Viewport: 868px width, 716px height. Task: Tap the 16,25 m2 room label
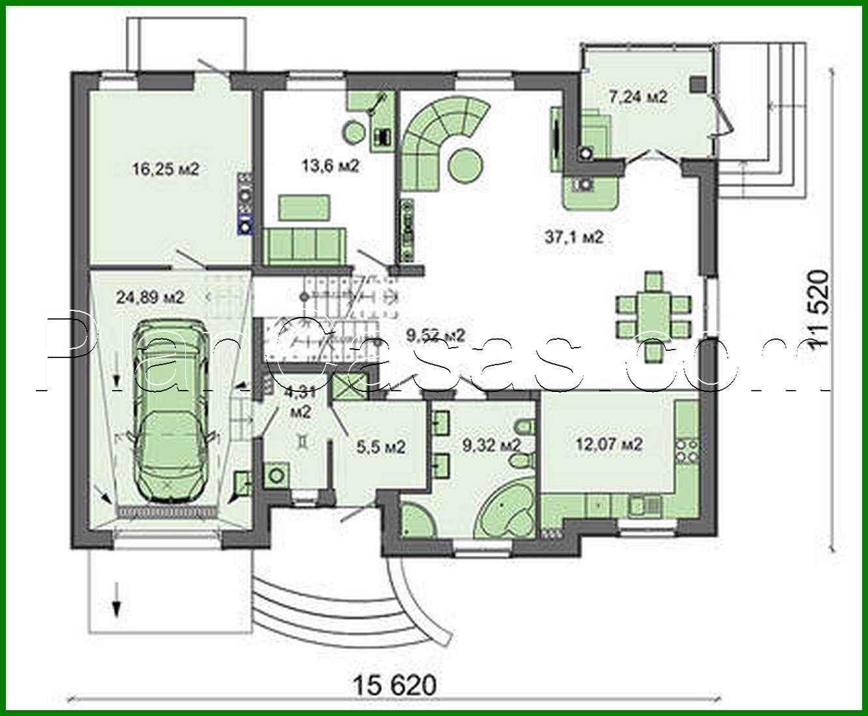click(x=165, y=170)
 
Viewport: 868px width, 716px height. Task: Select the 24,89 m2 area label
click(x=150, y=297)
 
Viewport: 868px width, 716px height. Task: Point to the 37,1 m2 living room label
click(x=574, y=237)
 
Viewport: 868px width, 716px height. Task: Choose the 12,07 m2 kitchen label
click(x=609, y=444)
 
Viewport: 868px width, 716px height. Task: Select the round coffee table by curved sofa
click(x=466, y=166)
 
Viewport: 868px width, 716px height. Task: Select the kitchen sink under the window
click(x=642, y=503)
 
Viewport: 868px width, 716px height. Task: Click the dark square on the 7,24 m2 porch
click(x=698, y=83)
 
